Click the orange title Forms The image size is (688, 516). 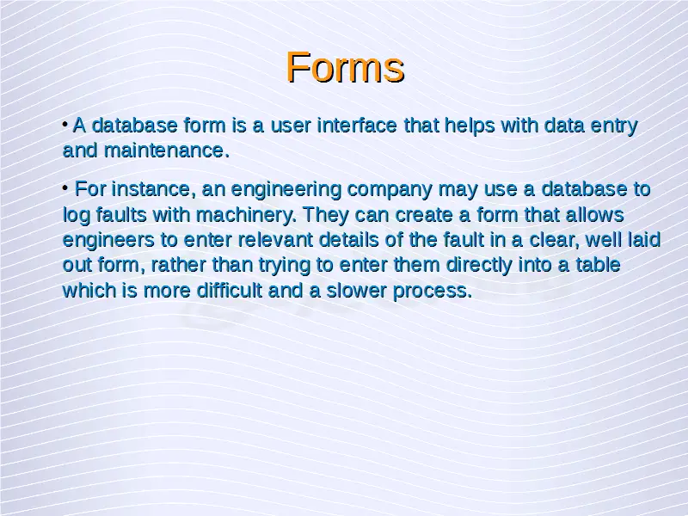pyautogui.click(x=345, y=67)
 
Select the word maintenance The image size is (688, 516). pyautogui.click(x=166, y=150)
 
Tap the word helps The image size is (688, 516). pyautogui.click(x=470, y=126)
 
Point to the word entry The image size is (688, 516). pyautogui.click(x=614, y=126)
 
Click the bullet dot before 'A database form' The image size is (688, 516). pyautogui.click(x=65, y=125)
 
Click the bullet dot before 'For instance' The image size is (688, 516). pyautogui.click(x=65, y=188)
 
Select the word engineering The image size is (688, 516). pyautogui.click(x=286, y=190)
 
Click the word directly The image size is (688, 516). pyautogui.click(x=479, y=265)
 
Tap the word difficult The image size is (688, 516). pyautogui.click(x=229, y=290)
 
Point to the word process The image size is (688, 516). pyautogui.click(x=433, y=291)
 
